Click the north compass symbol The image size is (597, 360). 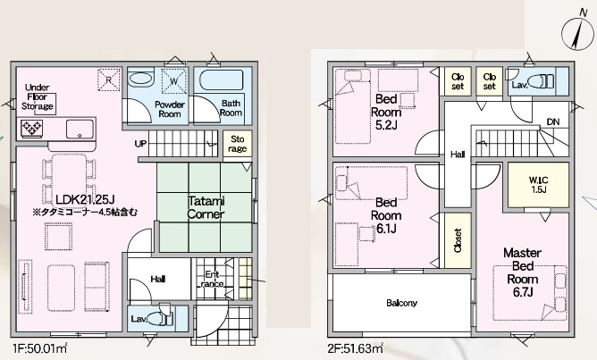click(577, 31)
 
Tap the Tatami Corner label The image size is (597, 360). click(206, 207)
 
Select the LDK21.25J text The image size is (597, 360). click(85, 199)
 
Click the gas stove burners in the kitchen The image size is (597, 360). click(32, 128)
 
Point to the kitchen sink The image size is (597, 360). click(80, 129)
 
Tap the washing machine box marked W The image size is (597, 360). click(174, 80)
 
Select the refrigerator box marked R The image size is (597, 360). click(109, 80)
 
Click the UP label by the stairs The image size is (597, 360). click(140, 144)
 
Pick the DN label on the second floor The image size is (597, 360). click(553, 122)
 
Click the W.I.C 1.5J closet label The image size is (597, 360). click(538, 185)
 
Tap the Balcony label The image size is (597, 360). click(401, 303)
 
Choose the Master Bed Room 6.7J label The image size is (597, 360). click(522, 272)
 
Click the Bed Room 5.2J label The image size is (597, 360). click(386, 112)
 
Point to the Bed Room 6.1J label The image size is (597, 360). click(386, 215)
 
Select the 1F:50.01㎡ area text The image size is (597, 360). click(40, 347)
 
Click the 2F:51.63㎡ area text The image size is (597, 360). click(356, 347)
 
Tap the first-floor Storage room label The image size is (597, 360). click(237, 144)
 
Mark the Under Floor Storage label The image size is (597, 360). click(37, 96)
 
